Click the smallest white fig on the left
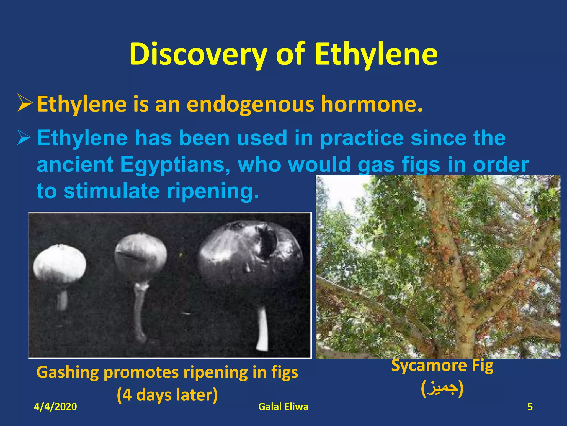59,265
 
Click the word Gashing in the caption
68,372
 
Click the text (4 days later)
167,395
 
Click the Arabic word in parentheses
442,389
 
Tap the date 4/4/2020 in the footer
55,407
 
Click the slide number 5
530,407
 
